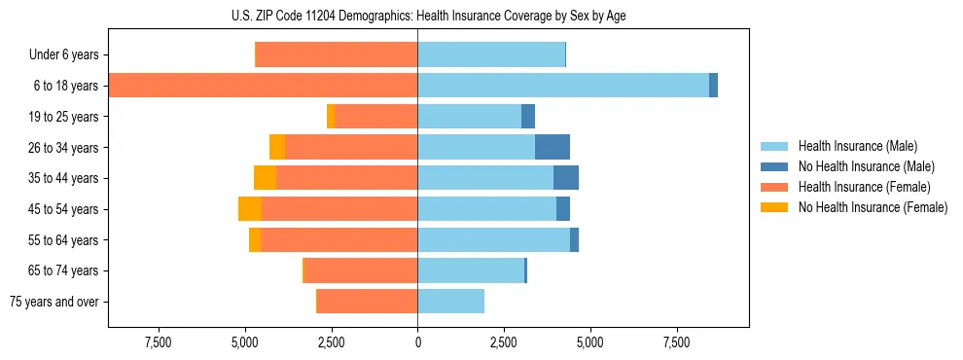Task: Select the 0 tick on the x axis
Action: pos(417,342)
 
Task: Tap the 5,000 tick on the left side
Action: pos(245,342)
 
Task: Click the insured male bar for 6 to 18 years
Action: pos(562,86)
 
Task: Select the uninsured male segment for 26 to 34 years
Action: pos(552,147)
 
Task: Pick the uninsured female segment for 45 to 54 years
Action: pos(250,209)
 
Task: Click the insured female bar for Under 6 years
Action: pos(336,54)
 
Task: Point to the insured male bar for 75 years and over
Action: pos(450,302)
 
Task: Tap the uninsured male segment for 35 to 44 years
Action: pos(565,178)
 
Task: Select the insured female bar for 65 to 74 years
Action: pos(361,270)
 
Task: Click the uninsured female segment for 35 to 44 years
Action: pos(265,178)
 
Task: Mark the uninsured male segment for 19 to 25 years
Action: pos(528,117)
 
